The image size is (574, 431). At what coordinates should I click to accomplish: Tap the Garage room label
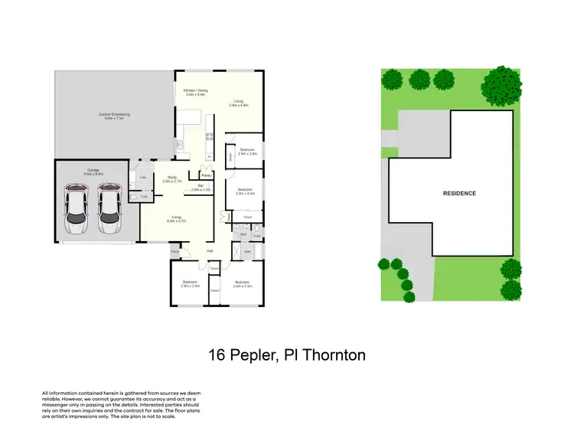click(93, 171)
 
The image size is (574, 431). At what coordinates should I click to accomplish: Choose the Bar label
click(200, 187)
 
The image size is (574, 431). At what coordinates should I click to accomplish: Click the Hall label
click(209, 251)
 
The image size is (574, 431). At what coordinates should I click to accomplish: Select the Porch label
click(175, 251)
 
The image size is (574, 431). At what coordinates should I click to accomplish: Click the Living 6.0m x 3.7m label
click(175, 218)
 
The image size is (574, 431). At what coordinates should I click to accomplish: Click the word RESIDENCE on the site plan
click(459, 194)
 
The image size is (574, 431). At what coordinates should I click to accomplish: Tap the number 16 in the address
click(217, 355)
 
